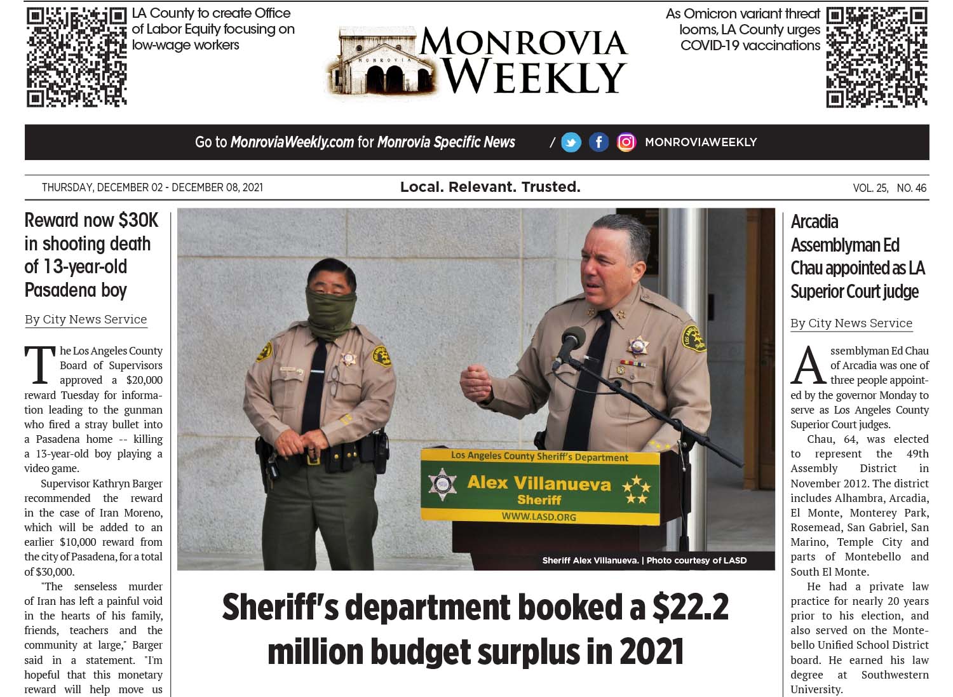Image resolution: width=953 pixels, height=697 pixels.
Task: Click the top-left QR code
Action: coord(76,57)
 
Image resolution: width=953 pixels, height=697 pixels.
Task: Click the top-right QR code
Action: coord(876,57)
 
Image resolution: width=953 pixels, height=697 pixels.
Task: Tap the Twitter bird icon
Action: coord(571,142)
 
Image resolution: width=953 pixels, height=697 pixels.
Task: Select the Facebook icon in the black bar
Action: coord(598,142)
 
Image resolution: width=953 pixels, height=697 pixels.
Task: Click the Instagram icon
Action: coord(626,142)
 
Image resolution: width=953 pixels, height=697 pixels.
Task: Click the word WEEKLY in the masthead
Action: coord(534,78)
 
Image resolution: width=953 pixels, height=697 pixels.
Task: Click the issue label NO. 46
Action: coord(911,188)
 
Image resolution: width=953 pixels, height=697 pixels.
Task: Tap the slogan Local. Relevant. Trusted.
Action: coord(490,187)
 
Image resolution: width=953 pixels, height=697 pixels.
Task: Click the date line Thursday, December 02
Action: coord(102,187)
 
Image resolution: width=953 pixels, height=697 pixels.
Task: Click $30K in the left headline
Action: coord(138,220)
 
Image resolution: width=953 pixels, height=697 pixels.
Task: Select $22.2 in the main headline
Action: coord(690,607)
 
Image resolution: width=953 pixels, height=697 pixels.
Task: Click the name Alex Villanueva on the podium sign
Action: coord(538,483)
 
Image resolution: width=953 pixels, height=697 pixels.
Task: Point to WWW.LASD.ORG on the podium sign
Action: coord(538,517)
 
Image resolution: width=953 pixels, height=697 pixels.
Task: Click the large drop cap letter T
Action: coord(39,365)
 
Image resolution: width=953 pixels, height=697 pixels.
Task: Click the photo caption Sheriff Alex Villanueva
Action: coord(590,560)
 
